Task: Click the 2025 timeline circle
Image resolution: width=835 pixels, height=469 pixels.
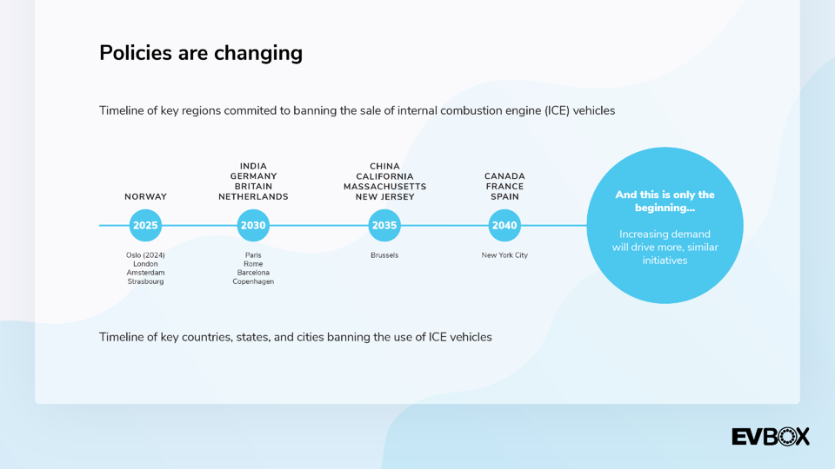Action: (x=145, y=226)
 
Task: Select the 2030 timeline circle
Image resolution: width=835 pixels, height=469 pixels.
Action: (x=253, y=226)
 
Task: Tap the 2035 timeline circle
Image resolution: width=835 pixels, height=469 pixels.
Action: (x=384, y=226)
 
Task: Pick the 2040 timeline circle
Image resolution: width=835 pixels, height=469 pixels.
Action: (x=504, y=226)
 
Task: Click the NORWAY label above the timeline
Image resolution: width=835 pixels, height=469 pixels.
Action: (x=145, y=197)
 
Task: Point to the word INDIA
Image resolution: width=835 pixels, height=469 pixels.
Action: (x=253, y=167)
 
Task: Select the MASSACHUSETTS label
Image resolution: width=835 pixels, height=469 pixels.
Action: (x=385, y=187)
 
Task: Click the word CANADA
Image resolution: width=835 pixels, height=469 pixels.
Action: (x=504, y=176)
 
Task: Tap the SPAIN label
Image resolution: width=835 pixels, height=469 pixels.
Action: (x=504, y=197)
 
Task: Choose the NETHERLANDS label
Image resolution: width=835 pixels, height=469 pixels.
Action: (x=253, y=197)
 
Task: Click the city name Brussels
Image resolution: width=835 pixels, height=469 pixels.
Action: (x=384, y=255)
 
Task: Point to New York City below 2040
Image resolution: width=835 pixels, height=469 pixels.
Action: (x=504, y=255)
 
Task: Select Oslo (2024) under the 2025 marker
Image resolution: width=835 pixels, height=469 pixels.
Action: (x=145, y=255)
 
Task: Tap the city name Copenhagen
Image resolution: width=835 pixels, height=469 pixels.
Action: (x=253, y=281)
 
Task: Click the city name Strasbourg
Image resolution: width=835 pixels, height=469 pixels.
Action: (x=145, y=281)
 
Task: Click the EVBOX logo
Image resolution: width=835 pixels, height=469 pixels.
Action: (x=771, y=437)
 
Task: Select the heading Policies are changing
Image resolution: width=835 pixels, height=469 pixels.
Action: (x=201, y=53)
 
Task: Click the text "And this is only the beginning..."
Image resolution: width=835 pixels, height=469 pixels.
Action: (x=665, y=201)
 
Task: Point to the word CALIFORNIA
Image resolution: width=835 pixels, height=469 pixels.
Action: (x=385, y=176)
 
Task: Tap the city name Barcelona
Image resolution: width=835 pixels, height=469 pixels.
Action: (x=253, y=273)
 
